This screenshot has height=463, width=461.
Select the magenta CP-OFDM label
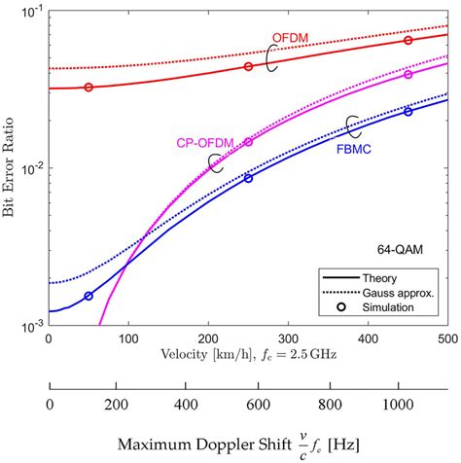(206, 142)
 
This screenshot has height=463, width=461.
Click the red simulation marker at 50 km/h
(89, 88)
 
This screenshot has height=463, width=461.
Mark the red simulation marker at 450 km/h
(408, 40)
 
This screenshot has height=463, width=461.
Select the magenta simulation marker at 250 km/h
(248, 142)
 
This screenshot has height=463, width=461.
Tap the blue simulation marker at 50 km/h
(89, 296)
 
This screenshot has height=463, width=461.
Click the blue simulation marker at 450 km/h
(408, 112)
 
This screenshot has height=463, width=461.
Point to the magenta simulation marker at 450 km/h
(408, 75)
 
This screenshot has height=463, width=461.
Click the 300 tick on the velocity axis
(288, 339)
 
